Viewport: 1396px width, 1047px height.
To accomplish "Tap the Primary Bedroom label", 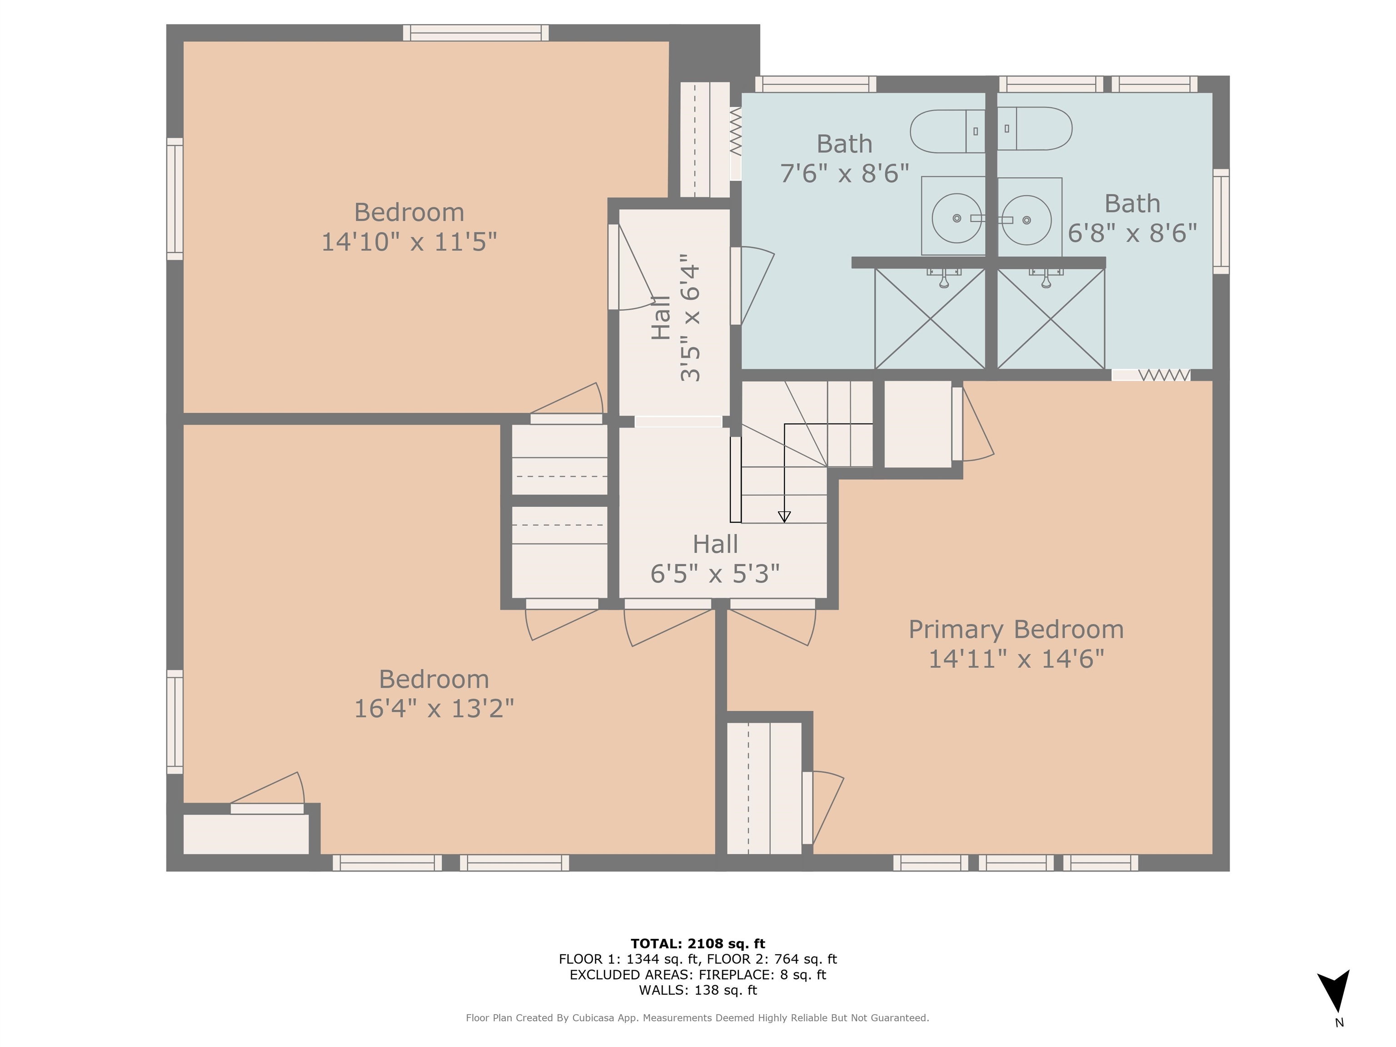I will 1016,630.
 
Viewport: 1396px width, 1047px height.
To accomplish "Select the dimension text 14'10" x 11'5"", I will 409,242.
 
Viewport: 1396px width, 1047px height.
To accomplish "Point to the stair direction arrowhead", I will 784,517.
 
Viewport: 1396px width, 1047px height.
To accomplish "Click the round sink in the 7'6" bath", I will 956,219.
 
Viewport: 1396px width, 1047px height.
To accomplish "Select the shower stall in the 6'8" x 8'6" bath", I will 1051,319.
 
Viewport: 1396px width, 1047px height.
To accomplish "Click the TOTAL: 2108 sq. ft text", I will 698,943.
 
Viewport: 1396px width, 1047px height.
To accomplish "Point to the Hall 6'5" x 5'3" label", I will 715,559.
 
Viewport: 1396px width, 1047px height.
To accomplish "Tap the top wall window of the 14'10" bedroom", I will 476,33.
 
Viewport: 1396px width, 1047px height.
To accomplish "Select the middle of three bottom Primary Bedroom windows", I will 1016,863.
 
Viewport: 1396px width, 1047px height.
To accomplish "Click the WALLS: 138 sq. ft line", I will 698,990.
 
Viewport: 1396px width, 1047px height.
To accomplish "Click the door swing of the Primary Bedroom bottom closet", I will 827,808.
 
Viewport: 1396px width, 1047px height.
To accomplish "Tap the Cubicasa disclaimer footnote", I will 698,1018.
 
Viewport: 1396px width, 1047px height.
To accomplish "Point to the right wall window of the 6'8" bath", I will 1221,221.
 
